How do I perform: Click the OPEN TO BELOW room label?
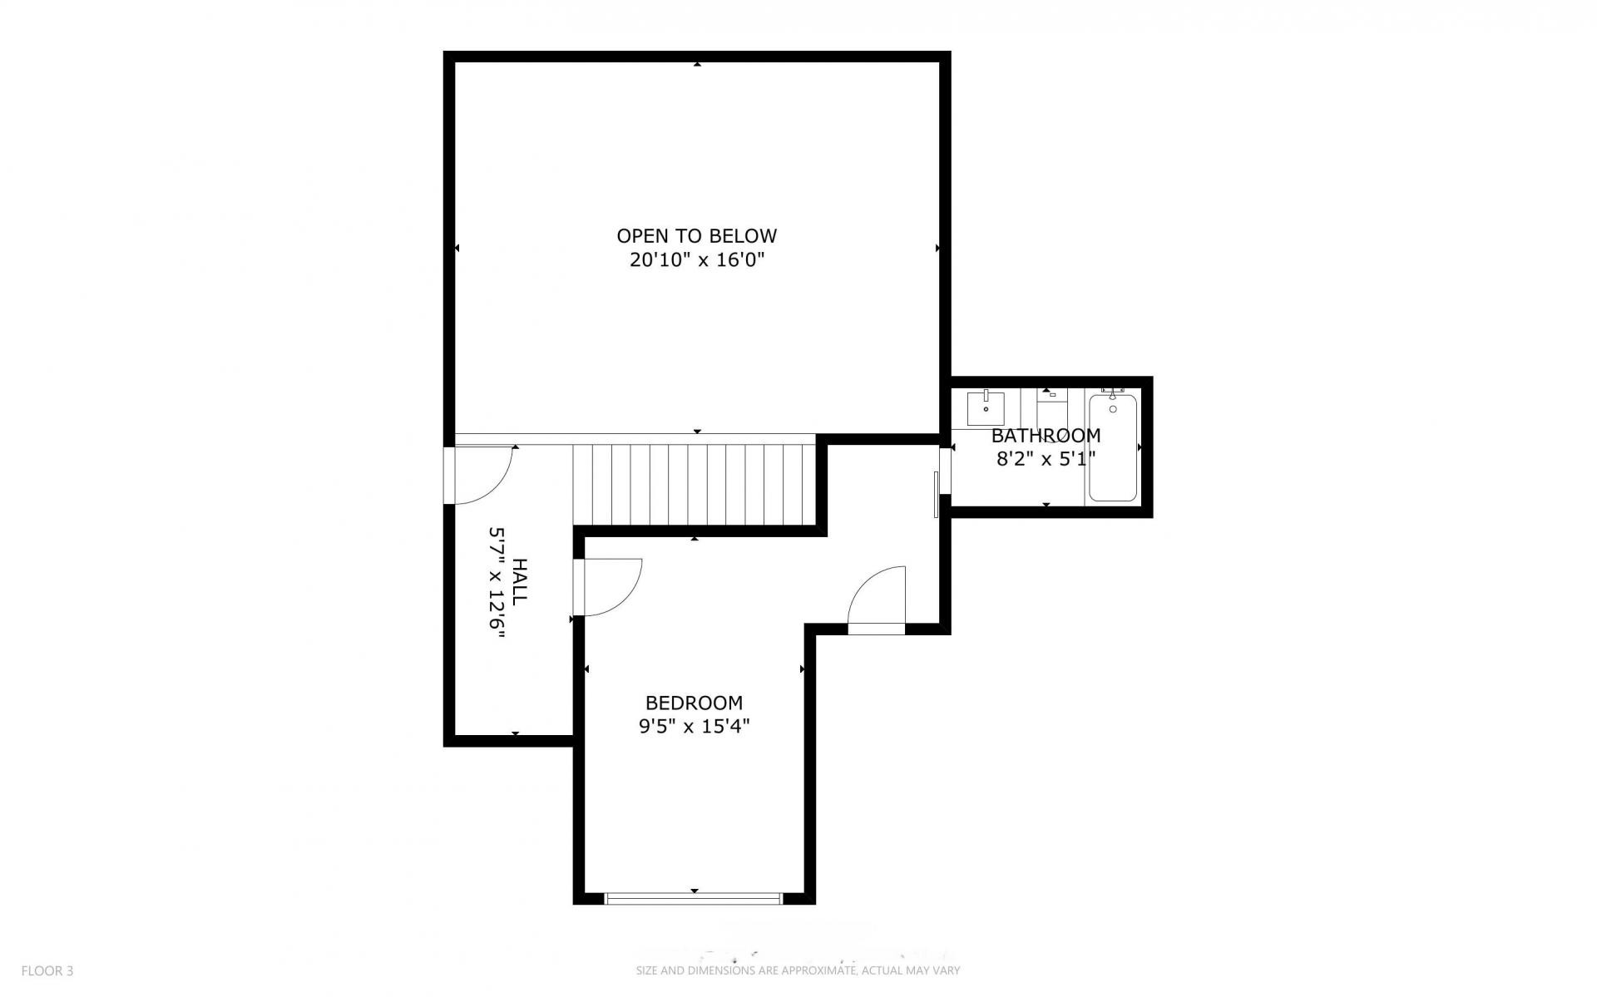pyautogui.click(x=696, y=236)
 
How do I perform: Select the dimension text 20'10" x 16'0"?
pyautogui.click(x=696, y=260)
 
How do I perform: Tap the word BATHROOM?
pyautogui.click(x=1046, y=436)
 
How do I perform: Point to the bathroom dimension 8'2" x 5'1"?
pyautogui.click(x=1046, y=458)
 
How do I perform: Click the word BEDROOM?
pyautogui.click(x=694, y=703)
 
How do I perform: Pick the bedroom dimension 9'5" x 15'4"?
pyautogui.click(x=694, y=727)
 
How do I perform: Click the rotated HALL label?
pyautogui.click(x=520, y=582)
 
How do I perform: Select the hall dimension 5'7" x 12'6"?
pyautogui.click(x=497, y=582)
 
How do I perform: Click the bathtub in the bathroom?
pyautogui.click(x=1113, y=447)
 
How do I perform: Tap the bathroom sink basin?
pyautogui.click(x=986, y=409)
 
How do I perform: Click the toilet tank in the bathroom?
pyautogui.click(x=1052, y=394)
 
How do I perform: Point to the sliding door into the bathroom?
pyautogui.click(x=937, y=494)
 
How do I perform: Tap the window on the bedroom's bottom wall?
pyautogui.click(x=694, y=898)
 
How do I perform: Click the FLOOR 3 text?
pyautogui.click(x=47, y=970)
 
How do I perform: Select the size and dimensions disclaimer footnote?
pyautogui.click(x=798, y=970)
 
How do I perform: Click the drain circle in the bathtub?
pyautogui.click(x=1112, y=409)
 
